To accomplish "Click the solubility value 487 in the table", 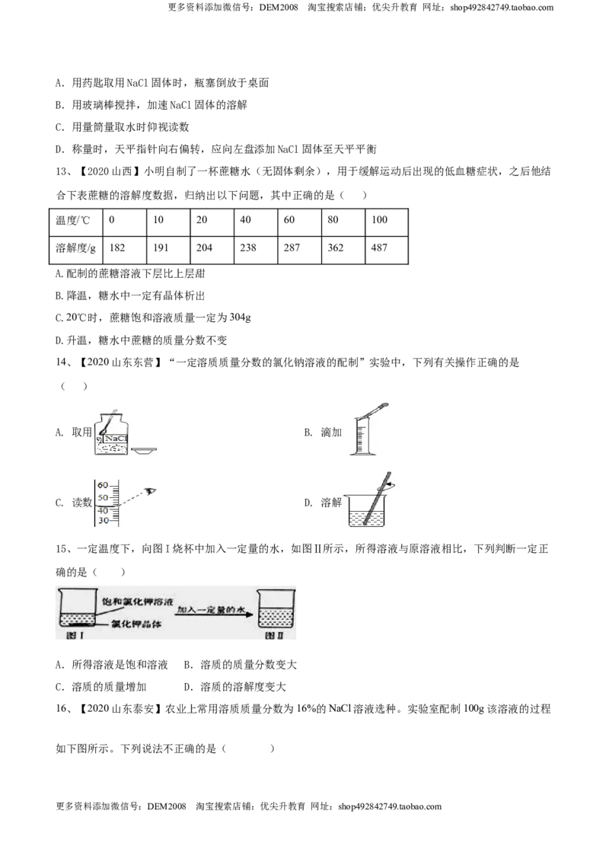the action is (x=379, y=248).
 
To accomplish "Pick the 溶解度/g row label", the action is (x=75, y=248).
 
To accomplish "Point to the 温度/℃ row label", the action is (x=72, y=220).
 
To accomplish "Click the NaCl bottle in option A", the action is (x=112, y=436).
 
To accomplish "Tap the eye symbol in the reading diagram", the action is (x=151, y=491).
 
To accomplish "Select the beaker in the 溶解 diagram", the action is (x=366, y=511).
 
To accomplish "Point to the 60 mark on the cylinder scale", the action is (x=103, y=485).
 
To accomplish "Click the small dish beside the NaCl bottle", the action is (x=144, y=451).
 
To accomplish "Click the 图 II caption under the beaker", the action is (x=274, y=635).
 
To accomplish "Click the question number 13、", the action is (x=64, y=171).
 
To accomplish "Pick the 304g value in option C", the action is (x=241, y=318).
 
